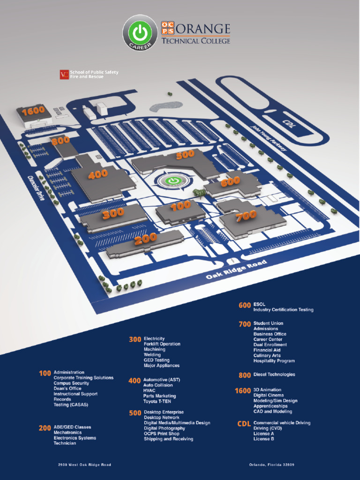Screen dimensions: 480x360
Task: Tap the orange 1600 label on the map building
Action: (x=33, y=111)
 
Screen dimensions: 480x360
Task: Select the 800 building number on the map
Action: (x=60, y=140)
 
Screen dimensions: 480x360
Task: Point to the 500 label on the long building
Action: (x=185, y=155)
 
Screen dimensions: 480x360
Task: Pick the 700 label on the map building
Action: (x=246, y=216)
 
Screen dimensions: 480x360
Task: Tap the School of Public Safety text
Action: (x=94, y=72)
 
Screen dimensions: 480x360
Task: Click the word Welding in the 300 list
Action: (x=152, y=355)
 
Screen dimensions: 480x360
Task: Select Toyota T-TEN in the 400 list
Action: (x=157, y=401)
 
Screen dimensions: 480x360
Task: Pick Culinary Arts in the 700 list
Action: (x=267, y=355)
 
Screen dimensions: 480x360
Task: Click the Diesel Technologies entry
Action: (x=274, y=375)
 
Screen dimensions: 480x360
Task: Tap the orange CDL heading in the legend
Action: (x=244, y=424)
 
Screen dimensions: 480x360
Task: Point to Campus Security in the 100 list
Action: (x=71, y=383)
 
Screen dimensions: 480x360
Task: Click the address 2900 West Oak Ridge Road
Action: (x=85, y=465)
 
